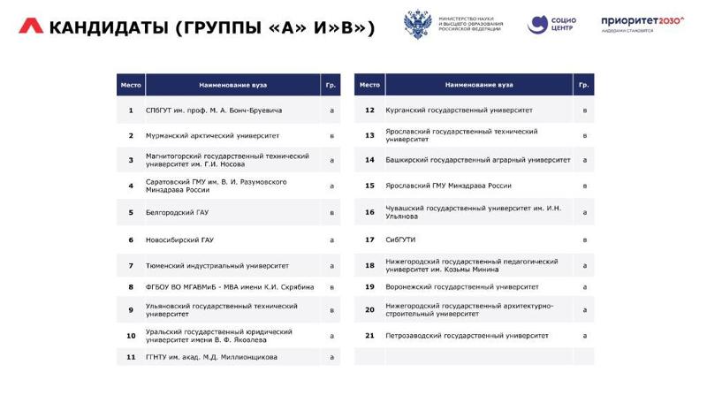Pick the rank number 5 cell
(x=130, y=213)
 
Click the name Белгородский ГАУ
(x=177, y=213)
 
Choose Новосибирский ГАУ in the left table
(x=179, y=239)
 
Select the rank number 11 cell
(x=130, y=357)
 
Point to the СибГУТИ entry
(x=401, y=239)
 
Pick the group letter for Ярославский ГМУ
(x=584, y=186)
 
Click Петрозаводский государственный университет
(x=468, y=336)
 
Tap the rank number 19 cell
(x=370, y=287)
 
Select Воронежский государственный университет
(x=462, y=287)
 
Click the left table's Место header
(x=130, y=85)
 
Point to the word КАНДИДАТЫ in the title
(x=110, y=27)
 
